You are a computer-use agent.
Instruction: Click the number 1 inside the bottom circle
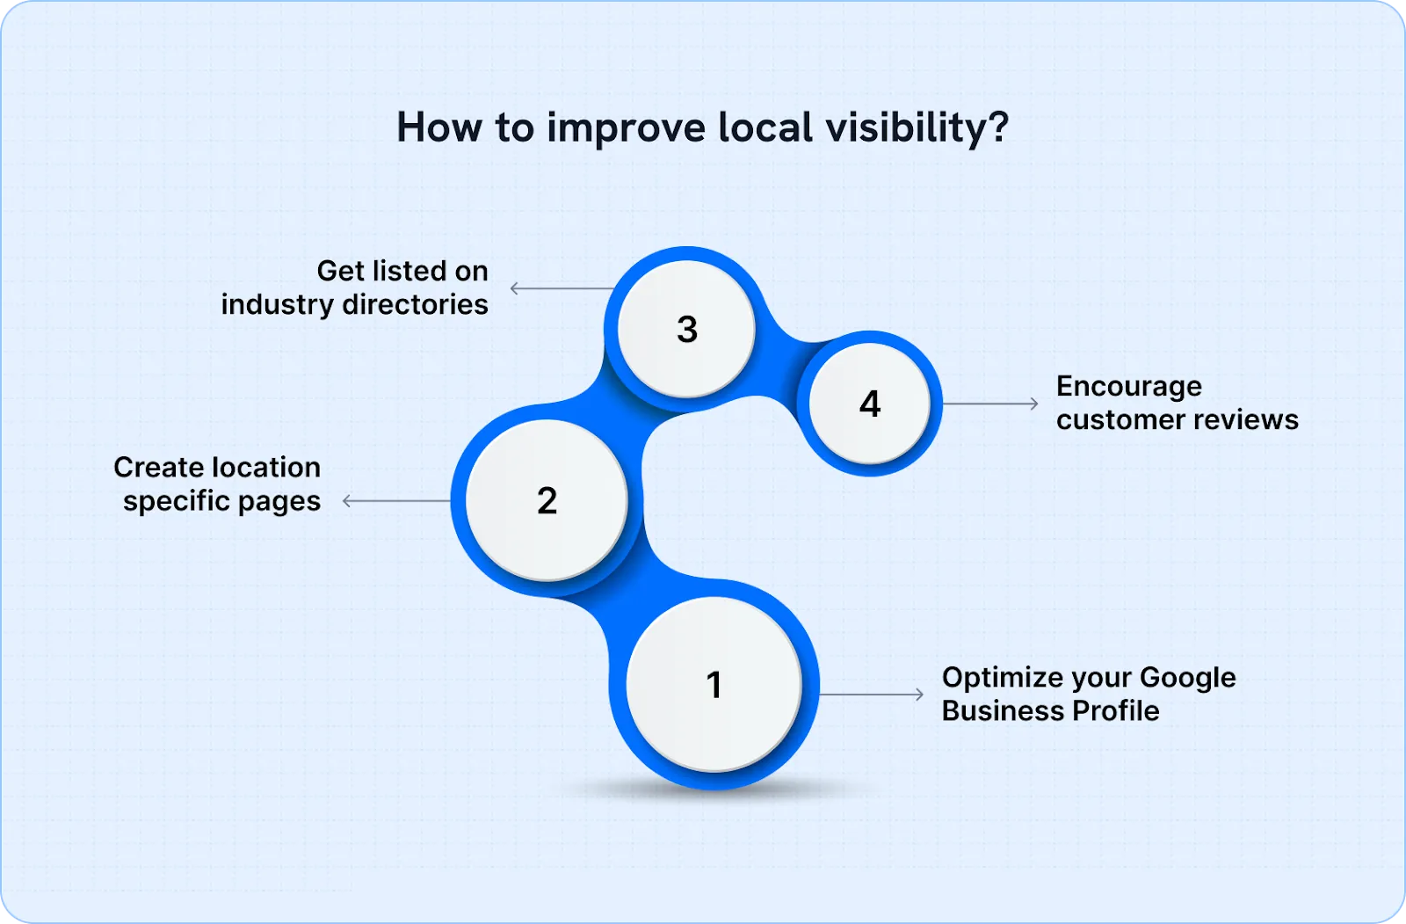[714, 685]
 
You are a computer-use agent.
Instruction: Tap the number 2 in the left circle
[547, 500]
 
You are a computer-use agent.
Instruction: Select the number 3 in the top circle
[687, 330]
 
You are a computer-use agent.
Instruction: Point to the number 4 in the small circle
[869, 404]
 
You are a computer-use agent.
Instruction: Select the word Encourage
[1128, 387]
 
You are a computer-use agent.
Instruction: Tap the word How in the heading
[440, 127]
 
